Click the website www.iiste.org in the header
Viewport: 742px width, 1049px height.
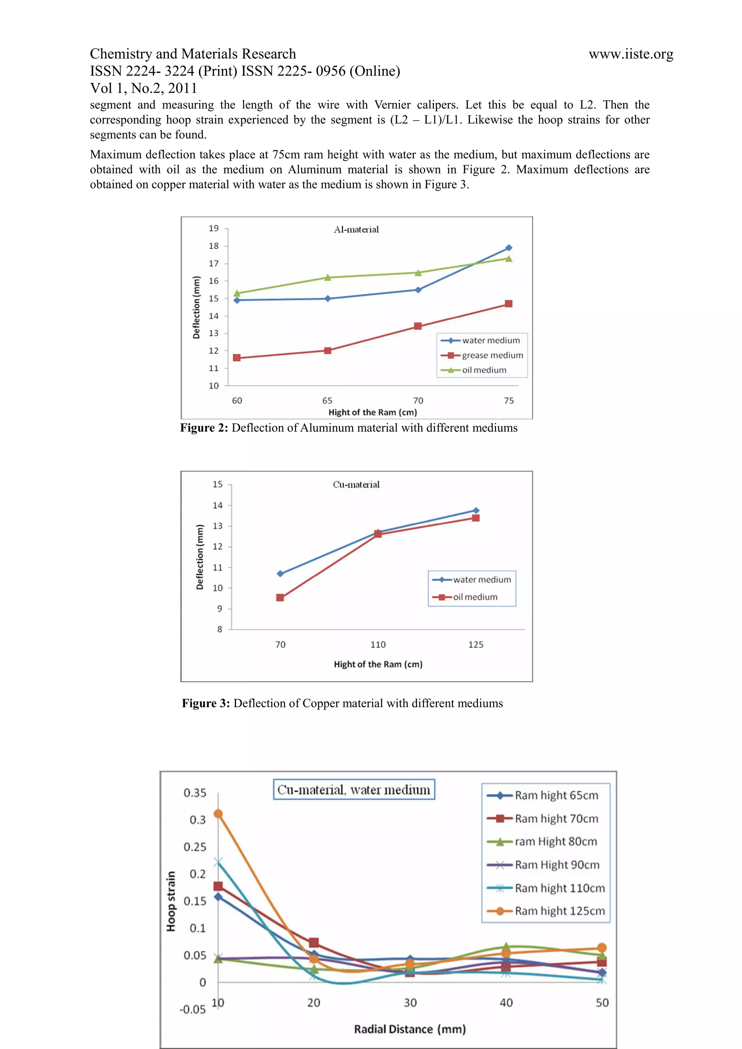click(630, 54)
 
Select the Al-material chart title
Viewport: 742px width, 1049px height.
click(356, 229)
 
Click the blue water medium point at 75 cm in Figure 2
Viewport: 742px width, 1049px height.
click(508, 248)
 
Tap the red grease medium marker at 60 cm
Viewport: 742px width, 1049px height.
click(237, 358)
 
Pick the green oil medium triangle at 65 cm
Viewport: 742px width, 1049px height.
click(327, 277)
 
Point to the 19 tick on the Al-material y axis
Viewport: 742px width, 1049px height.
click(213, 228)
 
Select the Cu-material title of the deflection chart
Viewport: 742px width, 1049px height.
click(356, 484)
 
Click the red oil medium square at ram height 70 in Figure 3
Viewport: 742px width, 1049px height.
click(280, 598)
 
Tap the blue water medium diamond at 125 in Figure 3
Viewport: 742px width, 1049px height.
click(476, 510)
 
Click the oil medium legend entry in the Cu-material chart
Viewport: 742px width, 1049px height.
click(475, 597)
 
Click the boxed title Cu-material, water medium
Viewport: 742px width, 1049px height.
click(354, 789)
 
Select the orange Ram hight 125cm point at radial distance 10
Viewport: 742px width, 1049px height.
click(218, 814)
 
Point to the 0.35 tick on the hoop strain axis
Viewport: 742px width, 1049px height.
click(195, 793)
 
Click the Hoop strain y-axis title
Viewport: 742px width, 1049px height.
click(171, 901)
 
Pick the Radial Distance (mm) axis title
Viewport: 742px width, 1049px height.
click(410, 1029)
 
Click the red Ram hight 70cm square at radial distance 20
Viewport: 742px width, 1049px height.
click(314, 943)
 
